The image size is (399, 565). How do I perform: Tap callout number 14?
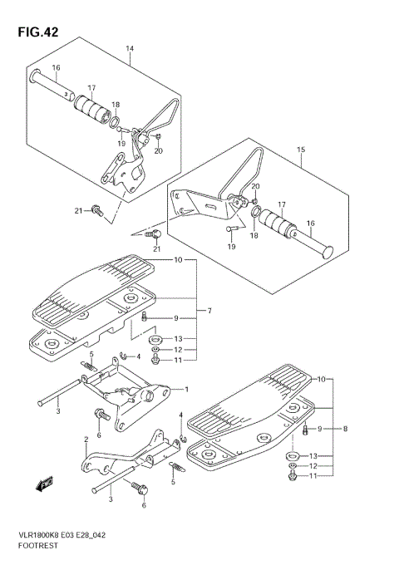[x=130, y=48]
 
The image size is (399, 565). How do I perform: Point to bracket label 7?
[x=209, y=312]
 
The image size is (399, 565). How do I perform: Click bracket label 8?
[x=345, y=429]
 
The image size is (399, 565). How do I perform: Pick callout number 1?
[x=186, y=389]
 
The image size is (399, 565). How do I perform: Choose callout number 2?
[x=86, y=439]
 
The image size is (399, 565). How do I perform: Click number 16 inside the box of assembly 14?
[x=57, y=68]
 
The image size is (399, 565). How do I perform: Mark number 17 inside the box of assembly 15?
[x=282, y=204]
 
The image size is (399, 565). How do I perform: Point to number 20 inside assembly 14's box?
[x=158, y=150]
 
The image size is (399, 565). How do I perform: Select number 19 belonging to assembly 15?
[x=231, y=247]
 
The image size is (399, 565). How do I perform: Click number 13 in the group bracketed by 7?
[x=178, y=339]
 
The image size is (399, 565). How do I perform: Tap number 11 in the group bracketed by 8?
[x=313, y=476]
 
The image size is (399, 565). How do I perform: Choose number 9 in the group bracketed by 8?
[x=319, y=429]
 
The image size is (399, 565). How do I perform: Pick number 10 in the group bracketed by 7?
[x=177, y=260]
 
